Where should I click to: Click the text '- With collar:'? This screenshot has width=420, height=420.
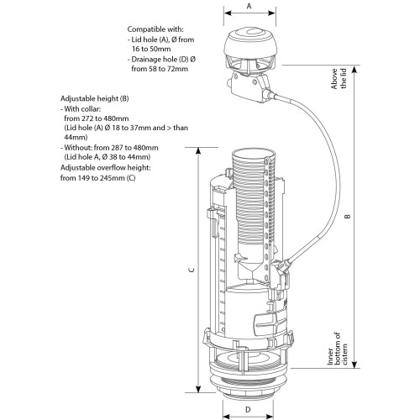click(87, 108)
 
